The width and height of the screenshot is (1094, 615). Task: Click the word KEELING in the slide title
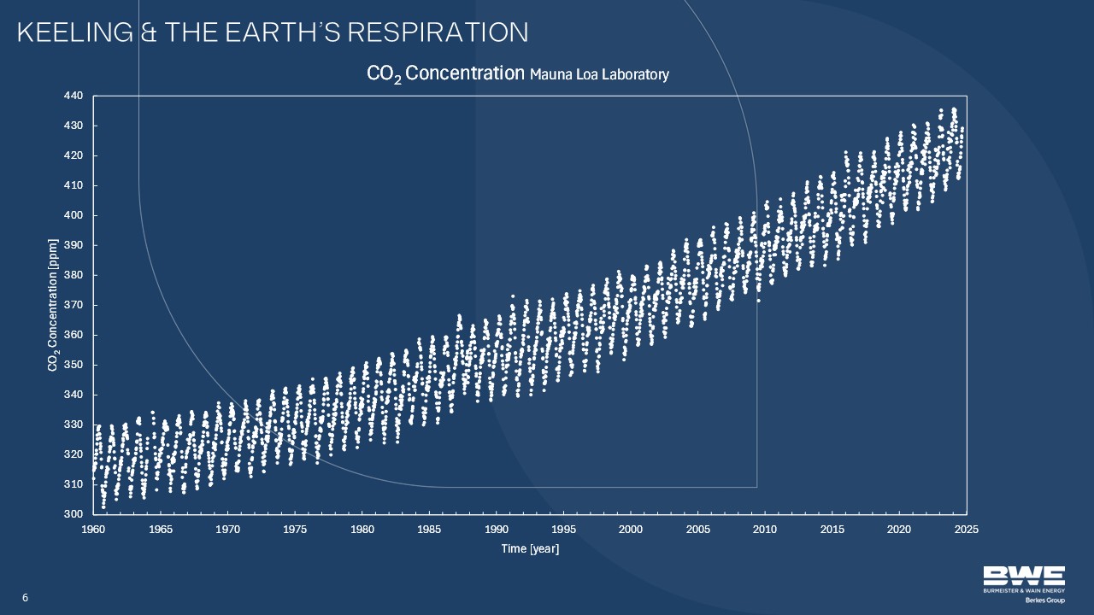[73, 32]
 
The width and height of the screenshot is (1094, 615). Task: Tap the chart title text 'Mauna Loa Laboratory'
[599, 75]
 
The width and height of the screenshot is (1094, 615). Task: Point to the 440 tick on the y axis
[74, 96]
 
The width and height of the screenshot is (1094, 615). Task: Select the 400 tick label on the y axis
[74, 215]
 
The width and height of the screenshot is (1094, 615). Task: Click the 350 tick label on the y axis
[74, 365]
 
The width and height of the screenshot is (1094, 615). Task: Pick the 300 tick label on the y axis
[74, 514]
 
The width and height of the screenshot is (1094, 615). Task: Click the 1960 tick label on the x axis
[93, 530]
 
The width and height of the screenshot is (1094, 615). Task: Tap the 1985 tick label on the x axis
[429, 530]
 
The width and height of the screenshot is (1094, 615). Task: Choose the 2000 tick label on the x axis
[631, 530]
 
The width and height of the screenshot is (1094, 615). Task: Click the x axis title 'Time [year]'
[530, 548]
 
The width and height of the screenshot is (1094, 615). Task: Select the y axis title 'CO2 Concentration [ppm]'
[53, 305]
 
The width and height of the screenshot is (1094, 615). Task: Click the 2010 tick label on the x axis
[765, 530]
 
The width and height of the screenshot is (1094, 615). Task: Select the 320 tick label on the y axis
[74, 454]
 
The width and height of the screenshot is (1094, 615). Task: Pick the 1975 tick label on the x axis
[295, 530]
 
